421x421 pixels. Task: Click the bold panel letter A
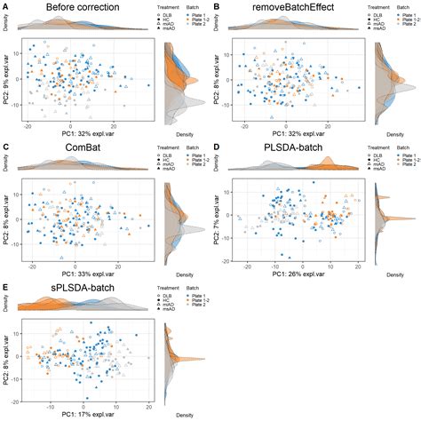tap(6, 6)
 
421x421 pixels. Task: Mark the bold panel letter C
tap(6, 147)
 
